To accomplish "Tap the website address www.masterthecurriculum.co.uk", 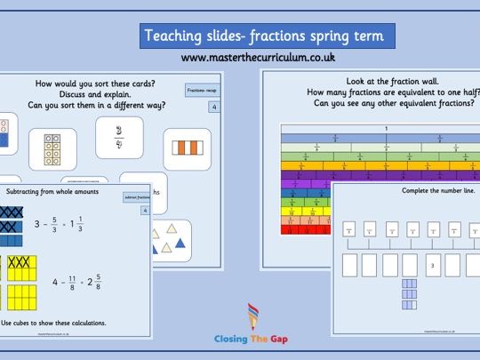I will click(258, 58).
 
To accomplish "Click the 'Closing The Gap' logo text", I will click(250, 339).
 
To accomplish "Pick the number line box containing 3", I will click(433, 265).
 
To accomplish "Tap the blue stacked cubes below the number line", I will click(411, 291).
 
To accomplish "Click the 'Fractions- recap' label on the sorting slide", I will click(200, 91).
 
